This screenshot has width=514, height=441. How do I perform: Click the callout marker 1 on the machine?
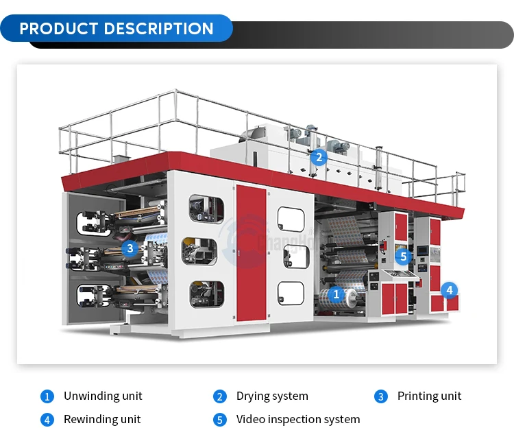click(336, 295)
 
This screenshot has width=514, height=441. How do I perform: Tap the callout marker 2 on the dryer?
click(318, 157)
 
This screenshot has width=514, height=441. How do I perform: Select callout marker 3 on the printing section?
click(130, 248)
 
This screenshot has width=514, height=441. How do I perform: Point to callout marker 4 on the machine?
click(449, 290)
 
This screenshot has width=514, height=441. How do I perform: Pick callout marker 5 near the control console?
click(404, 257)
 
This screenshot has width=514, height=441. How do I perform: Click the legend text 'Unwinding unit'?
click(103, 396)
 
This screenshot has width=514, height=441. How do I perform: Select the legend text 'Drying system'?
click(272, 396)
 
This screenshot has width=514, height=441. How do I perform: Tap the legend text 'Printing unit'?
click(429, 396)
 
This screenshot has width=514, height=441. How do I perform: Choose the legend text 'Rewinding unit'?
click(102, 419)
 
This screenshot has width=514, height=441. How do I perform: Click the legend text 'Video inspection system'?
click(297, 419)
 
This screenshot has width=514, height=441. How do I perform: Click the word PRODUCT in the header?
click(60, 29)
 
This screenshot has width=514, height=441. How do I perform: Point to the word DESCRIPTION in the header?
click(159, 29)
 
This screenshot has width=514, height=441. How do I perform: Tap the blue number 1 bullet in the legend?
click(47, 396)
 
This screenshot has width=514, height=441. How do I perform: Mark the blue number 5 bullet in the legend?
click(219, 419)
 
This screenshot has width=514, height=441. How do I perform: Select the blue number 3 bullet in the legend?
click(380, 396)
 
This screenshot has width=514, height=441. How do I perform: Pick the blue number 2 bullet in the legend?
click(219, 396)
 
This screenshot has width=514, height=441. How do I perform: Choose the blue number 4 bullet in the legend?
click(47, 419)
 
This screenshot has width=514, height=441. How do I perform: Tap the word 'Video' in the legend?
click(251, 419)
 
